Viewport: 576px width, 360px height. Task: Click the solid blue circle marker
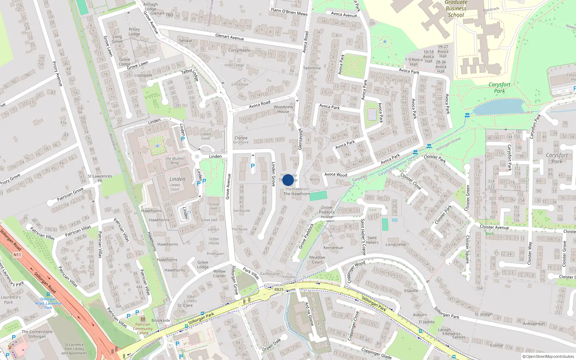(288, 180)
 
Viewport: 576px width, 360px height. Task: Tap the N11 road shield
(17, 255)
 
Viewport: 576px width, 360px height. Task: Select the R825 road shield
(279, 289)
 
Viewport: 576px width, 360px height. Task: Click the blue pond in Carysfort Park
(499, 107)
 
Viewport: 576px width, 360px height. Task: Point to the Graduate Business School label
(456, 9)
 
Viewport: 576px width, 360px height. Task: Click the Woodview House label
(283, 109)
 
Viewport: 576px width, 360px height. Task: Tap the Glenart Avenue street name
(229, 37)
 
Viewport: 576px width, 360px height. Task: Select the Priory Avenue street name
(57, 74)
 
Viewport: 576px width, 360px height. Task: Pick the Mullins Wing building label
(175, 161)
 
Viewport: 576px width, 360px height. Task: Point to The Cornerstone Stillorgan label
(37, 334)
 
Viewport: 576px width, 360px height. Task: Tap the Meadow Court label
(317, 260)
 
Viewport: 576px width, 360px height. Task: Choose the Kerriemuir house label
(333, 248)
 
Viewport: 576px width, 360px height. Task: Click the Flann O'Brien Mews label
(289, 12)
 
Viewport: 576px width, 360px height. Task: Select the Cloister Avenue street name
(494, 227)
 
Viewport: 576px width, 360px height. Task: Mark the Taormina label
(312, 68)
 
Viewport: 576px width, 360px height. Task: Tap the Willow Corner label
(219, 274)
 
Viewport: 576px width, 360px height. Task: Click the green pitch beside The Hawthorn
(318, 196)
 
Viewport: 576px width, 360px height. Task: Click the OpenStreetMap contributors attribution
(548, 356)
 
